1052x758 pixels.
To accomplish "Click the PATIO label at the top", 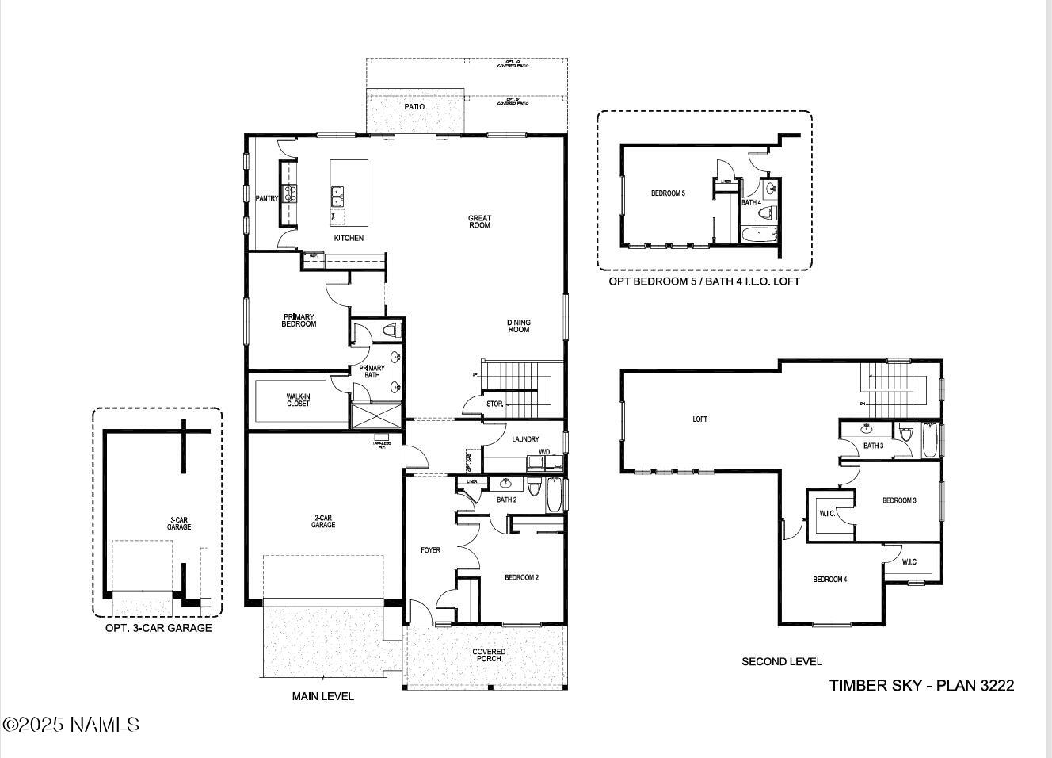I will [414, 106].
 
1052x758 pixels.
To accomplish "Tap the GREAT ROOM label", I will [479, 222].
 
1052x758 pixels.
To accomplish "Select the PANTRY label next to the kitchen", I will [266, 198].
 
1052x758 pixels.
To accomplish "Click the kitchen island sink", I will [337, 196].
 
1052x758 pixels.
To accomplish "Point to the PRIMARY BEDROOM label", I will [299, 320].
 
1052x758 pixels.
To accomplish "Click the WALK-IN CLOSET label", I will [298, 400].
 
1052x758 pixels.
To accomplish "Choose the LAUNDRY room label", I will [525, 439].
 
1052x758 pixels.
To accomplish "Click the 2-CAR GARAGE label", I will [323, 521].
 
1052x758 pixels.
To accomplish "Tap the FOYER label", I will [430, 550].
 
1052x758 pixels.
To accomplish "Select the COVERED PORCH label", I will [489, 655].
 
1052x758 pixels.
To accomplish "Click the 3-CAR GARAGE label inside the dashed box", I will [179, 523].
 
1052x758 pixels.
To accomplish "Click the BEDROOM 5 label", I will [668, 193].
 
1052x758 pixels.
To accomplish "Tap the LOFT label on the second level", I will [700, 419].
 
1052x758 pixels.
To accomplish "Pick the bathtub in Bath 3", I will [930, 441].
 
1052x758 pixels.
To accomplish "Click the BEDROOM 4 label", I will [829, 580].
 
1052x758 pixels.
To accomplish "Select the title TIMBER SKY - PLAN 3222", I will [921, 686].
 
